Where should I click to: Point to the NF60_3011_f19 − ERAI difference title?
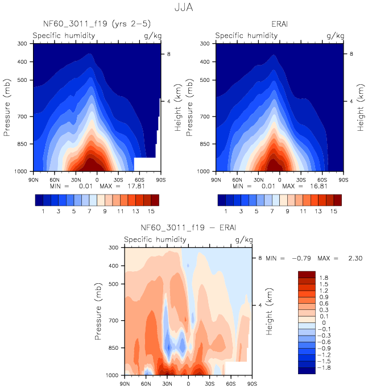coord(188,228)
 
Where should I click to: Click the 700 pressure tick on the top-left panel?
coord(23,117)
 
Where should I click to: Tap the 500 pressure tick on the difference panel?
coord(114,284)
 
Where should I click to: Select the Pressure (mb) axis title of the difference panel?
coord(100,311)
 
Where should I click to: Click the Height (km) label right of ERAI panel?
coord(360,107)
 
